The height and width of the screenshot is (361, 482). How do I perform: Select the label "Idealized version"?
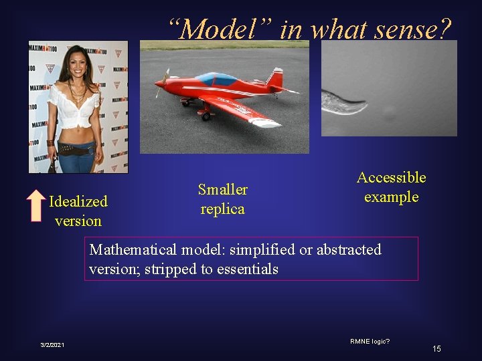point(78,211)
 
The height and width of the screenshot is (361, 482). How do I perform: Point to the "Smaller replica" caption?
point(222,199)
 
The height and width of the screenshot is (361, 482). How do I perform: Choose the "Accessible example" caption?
point(391,187)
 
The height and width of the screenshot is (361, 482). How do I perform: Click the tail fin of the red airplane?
point(275,80)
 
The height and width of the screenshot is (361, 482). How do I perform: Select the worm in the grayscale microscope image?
point(344,101)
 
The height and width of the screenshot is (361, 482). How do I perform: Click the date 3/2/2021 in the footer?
point(52,344)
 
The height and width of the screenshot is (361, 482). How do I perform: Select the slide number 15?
point(436,348)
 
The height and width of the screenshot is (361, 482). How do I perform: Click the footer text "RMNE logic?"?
point(370,341)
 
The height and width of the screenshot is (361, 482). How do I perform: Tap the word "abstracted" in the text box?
point(348,250)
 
